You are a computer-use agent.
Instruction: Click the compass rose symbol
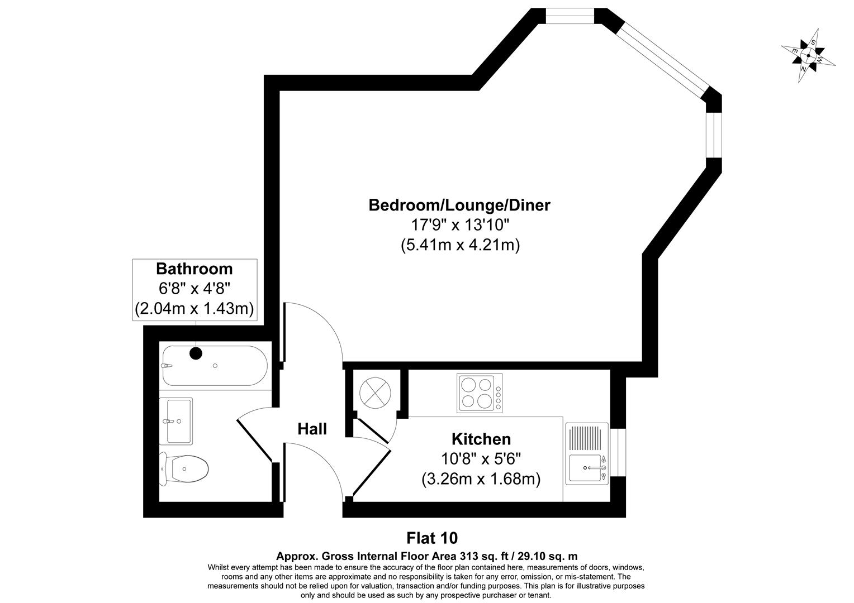pyautogui.click(x=808, y=56)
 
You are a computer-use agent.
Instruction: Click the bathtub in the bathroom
pyautogui.click(x=214, y=366)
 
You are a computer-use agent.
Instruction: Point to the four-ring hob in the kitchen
pyautogui.click(x=479, y=393)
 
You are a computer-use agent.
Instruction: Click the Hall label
pyautogui.click(x=312, y=429)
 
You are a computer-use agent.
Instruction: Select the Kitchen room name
pyautogui.click(x=481, y=439)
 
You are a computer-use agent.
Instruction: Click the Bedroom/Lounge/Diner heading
pyautogui.click(x=459, y=205)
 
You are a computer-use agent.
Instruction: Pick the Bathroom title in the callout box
pyautogui.click(x=194, y=269)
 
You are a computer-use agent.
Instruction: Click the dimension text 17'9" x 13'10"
pyautogui.click(x=459, y=225)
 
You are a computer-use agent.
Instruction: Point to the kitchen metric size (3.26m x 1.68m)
pyautogui.click(x=481, y=479)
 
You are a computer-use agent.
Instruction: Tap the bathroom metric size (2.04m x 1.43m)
pyautogui.click(x=194, y=308)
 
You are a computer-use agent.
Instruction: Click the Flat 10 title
pyautogui.click(x=431, y=538)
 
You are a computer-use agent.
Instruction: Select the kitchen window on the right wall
pyautogui.click(x=618, y=452)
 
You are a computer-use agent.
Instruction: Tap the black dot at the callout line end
pyautogui.click(x=196, y=353)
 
